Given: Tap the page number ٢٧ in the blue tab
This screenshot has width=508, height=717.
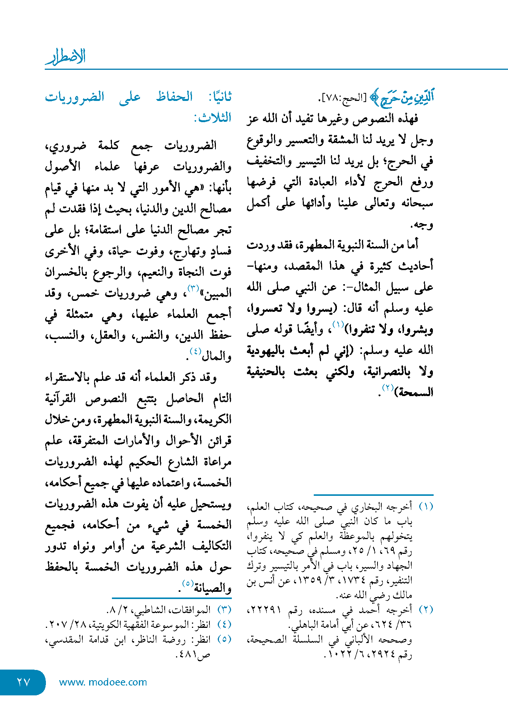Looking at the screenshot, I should tap(23, 682).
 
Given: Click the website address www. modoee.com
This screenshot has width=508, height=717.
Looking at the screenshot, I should tap(103, 682).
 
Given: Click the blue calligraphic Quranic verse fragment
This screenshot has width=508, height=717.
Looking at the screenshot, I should tap(402, 97).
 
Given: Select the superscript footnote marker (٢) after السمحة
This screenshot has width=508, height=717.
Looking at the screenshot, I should tap(388, 388).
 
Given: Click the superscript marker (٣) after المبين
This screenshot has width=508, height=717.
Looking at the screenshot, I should tap(193, 288).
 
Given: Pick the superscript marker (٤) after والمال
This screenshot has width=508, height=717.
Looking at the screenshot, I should tap(195, 351).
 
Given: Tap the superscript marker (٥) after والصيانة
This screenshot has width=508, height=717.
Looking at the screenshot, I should tap(188, 583).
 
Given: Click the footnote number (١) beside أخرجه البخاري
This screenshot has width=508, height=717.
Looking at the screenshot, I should tap(426, 507).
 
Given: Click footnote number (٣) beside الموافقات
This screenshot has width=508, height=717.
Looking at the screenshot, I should tap(224, 610).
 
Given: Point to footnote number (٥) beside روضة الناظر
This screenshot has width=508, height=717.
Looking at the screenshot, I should tap(224, 639).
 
